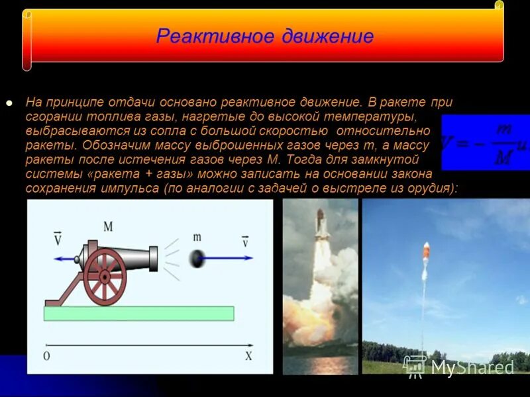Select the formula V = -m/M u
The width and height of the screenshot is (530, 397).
click(x=484, y=142)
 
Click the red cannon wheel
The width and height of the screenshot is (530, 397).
click(x=105, y=276)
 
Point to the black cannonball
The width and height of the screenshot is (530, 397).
click(x=197, y=258)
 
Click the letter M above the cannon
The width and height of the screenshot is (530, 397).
click(x=108, y=227)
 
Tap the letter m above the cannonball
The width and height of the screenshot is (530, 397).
click(x=197, y=237)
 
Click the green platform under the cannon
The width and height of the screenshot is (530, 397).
click(x=139, y=313)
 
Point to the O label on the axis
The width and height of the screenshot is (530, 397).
click(x=46, y=356)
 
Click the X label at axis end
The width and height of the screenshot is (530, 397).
click(x=248, y=356)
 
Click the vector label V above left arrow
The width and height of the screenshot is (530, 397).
click(x=57, y=238)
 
